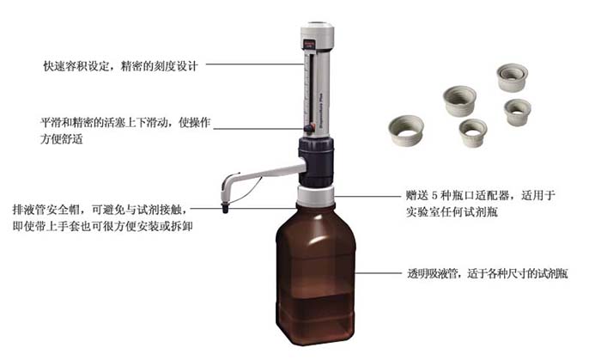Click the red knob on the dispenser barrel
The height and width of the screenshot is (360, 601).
point(308,129)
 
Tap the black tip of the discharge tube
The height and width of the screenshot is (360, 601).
point(225,209)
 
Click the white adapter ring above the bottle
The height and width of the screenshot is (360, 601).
point(316,196)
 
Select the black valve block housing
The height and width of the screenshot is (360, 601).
point(316,162)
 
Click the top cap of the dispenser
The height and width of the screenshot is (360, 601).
point(317,31)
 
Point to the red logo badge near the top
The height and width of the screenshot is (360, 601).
point(308,44)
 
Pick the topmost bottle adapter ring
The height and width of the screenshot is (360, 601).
point(512,77)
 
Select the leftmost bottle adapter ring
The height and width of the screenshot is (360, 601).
point(406,131)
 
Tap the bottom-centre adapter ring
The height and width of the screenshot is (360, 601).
point(473,132)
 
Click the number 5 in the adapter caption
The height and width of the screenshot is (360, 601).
point(434,196)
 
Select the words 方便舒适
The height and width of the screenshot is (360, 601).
point(62,139)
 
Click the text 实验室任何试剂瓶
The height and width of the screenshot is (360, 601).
point(452,212)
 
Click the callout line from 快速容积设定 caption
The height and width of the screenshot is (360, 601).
point(255,64)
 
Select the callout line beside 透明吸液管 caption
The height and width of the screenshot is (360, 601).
point(378,273)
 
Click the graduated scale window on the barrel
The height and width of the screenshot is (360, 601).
point(310,89)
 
